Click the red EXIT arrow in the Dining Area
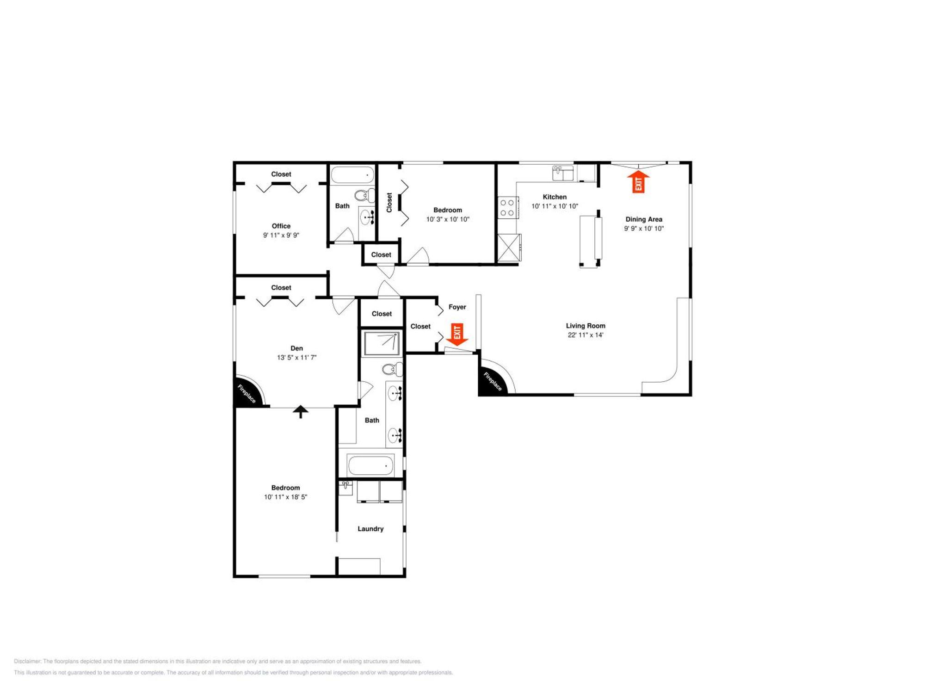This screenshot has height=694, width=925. (x=638, y=181)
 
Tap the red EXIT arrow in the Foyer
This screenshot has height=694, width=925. (x=457, y=335)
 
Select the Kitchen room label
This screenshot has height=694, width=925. (x=555, y=197)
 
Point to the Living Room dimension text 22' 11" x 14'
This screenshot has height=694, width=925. (x=586, y=335)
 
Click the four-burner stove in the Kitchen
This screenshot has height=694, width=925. (x=507, y=208)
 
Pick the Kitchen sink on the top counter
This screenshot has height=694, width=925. (x=563, y=173)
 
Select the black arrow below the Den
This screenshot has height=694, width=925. (x=301, y=411)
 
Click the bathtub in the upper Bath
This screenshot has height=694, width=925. (x=352, y=175)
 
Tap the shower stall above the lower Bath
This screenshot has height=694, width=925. (x=382, y=343)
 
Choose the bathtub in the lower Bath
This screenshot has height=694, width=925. (x=370, y=465)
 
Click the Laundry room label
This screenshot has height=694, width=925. (x=370, y=529)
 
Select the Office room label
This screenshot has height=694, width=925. (x=281, y=226)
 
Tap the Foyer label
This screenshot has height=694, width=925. (x=457, y=307)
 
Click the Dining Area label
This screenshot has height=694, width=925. (x=644, y=219)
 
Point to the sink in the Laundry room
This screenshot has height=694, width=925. (x=345, y=488)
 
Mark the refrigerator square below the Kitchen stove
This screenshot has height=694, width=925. (x=509, y=248)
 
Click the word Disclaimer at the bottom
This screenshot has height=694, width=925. (x=27, y=662)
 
